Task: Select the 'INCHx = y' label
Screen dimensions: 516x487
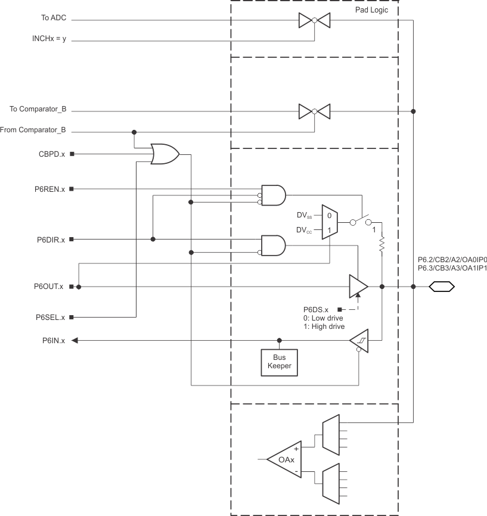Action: (49, 41)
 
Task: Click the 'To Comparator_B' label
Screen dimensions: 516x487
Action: (38, 110)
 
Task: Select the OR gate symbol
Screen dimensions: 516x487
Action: (165, 154)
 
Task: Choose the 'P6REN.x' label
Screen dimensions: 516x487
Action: (51, 189)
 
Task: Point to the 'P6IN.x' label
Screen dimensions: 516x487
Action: (54, 341)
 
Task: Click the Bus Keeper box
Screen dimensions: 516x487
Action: (278, 362)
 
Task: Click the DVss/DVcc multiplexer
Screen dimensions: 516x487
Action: (329, 222)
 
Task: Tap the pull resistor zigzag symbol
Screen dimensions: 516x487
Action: (381, 244)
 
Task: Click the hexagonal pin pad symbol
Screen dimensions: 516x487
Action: (442, 287)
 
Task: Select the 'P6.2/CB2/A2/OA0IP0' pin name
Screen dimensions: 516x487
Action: (452, 260)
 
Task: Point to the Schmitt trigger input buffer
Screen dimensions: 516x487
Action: (359, 341)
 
